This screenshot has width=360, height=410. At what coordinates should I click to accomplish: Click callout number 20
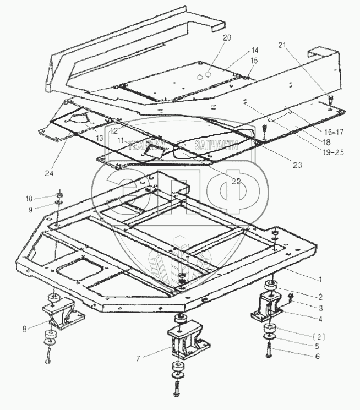point(227,38)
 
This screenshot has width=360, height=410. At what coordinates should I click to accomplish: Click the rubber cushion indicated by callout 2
point(270,287)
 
